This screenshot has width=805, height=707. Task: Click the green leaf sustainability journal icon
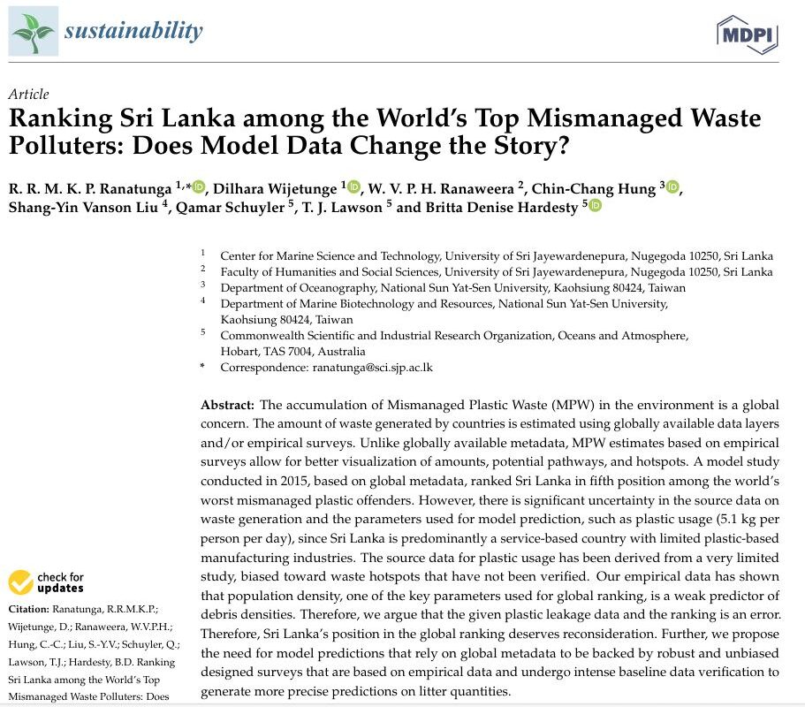[x=33, y=33]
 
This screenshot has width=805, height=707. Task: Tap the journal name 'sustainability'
[x=133, y=32]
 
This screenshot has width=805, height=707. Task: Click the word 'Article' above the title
[x=28, y=95]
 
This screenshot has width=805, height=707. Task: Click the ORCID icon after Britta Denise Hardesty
[x=595, y=206]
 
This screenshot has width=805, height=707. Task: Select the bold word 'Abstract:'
[x=228, y=405]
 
